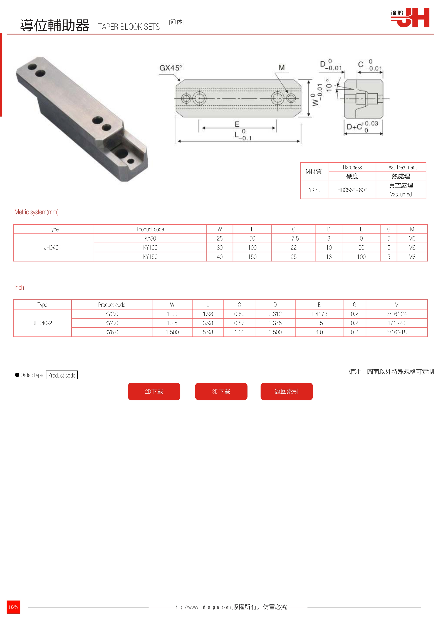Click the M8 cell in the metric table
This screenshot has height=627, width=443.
point(412,257)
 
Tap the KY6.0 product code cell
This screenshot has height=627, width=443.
point(112,332)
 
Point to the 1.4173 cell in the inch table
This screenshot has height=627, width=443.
point(319,314)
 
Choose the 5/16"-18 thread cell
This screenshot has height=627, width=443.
point(396,332)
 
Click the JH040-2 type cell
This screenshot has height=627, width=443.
point(42,323)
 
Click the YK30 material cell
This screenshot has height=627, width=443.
point(315,190)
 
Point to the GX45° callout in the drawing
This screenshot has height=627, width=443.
point(171,68)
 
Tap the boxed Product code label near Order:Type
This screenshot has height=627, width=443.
point(62,375)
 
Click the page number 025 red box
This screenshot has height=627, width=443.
point(13,607)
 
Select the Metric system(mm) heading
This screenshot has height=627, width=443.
point(37,212)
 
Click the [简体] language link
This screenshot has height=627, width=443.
point(176,22)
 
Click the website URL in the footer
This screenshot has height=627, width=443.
point(203,607)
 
